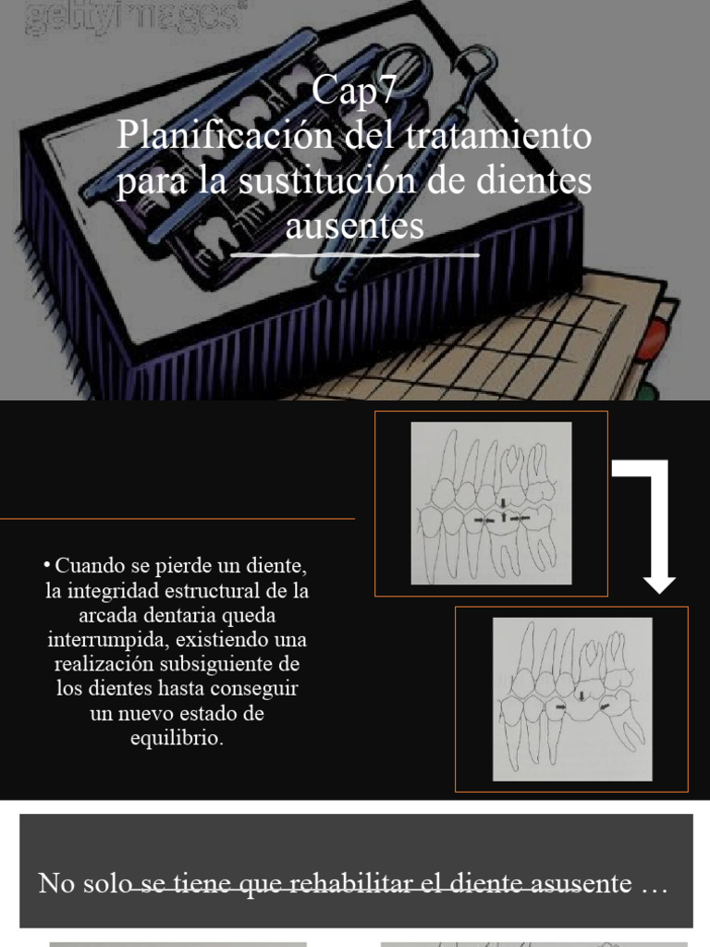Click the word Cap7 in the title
(x=354, y=91)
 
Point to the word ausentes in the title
(x=354, y=225)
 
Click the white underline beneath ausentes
(x=354, y=253)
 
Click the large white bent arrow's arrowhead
(x=658, y=584)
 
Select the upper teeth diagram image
(x=491, y=503)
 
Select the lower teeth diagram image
(x=571, y=699)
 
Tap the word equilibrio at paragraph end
(x=177, y=739)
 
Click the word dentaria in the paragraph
(x=177, y=615)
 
